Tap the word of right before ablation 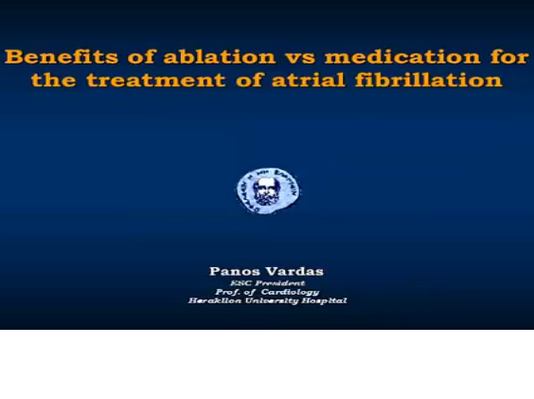click(114, 57)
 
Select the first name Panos click(233, 271)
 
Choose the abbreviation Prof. click(227, 291)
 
